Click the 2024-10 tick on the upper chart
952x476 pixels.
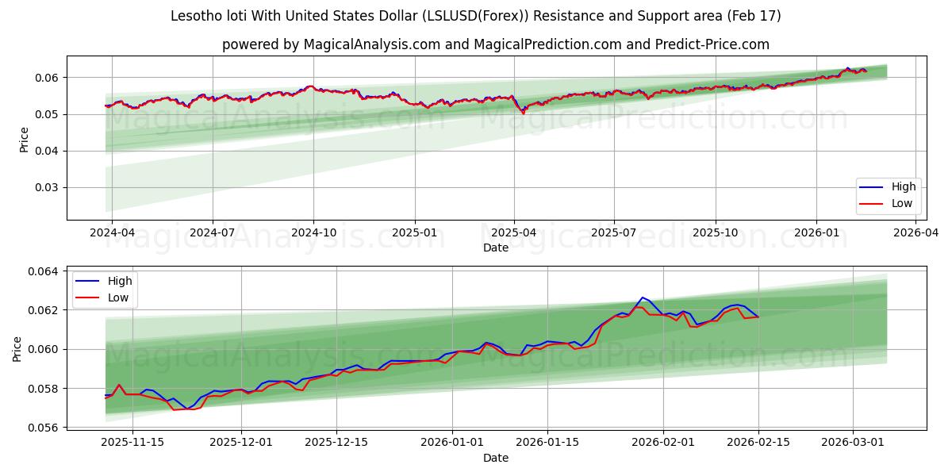pos(313,232)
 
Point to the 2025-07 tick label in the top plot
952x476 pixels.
pos(614,232)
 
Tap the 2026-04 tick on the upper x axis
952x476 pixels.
pos(916,232)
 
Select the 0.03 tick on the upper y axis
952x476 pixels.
pos(46,188)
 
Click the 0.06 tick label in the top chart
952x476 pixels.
pos(46,78)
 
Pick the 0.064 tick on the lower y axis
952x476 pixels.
pos(43,271)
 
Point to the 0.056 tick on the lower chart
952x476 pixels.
pos(43,428)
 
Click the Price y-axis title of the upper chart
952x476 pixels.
pos(24,140)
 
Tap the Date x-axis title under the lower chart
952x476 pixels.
pos(496,458)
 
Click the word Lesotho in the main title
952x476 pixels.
pos(194,16)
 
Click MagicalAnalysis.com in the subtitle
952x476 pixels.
pos(371,44)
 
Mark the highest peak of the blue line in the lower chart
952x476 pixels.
pos(642,297)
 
